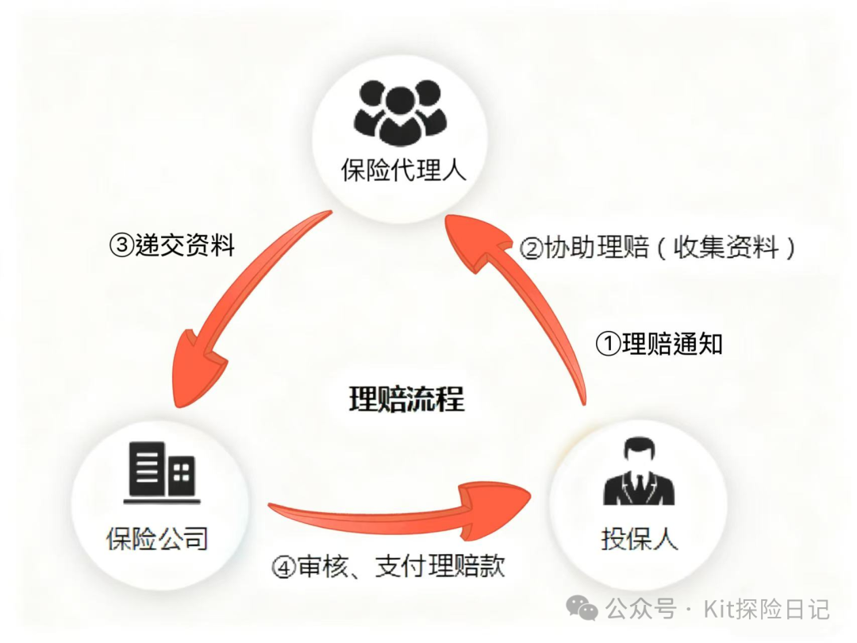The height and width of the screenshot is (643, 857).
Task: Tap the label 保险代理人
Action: coord(403,169)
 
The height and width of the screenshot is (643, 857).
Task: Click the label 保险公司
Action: coord(157,539)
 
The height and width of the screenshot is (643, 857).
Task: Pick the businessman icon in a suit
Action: coord(639,474)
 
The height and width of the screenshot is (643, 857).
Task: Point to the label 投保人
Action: coord(639,539)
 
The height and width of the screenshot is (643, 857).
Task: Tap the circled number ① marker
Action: coord(607,345)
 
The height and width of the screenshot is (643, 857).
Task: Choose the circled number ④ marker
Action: coord(283,567)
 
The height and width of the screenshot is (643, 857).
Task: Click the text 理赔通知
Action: coord(672,344)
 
